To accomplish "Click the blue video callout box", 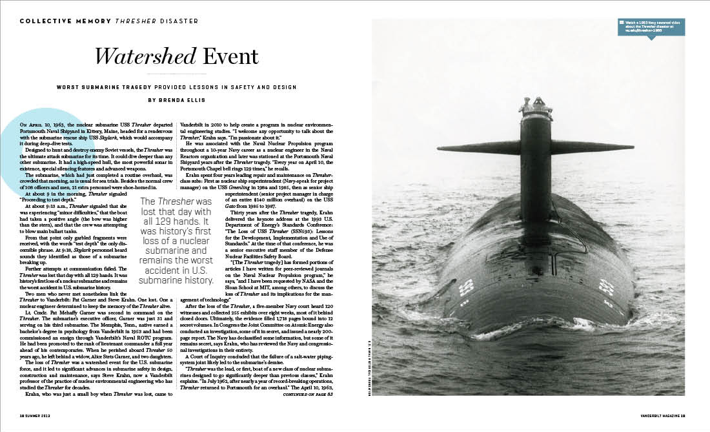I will (651, 26).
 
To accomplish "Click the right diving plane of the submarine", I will (593, 147).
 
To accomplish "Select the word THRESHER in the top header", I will (134, 21).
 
